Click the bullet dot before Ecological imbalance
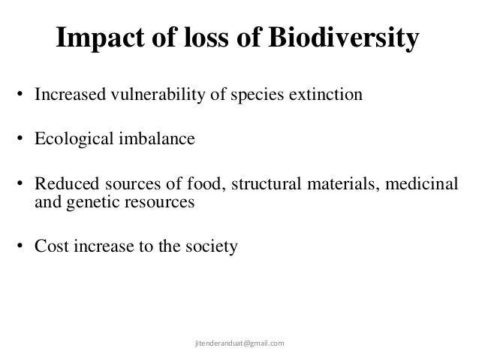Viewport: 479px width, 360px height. click(x=22, y=140)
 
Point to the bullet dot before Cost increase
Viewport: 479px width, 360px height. click(x=22, y=245)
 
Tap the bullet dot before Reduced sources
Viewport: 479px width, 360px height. click(x=22, y=185)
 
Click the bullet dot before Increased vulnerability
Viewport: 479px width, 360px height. click(x=22, y=96)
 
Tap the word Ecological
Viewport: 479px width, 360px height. click(x=71, y=140)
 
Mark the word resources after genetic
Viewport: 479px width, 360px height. click(x=154, y=201)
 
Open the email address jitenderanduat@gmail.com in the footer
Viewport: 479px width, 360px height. click(x=239, y=343)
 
